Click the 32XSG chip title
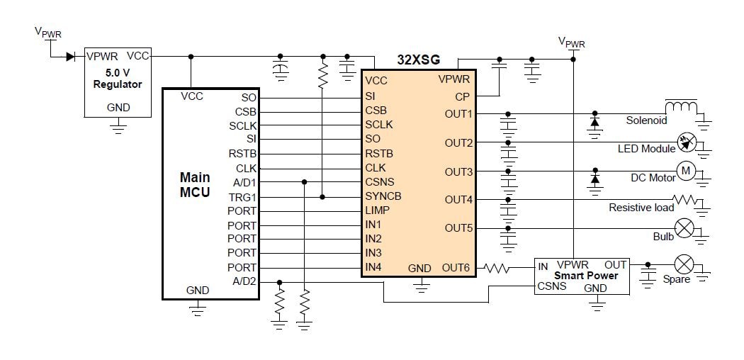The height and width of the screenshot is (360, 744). coord(418,61)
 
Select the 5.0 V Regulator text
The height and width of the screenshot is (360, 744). coord(118,78)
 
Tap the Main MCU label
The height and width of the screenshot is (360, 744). coord(195,184)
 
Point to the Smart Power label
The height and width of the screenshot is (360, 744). coord(586,276)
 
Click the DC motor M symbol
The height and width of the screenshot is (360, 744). coord(686,170)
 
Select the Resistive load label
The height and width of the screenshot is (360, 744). coord(641,208)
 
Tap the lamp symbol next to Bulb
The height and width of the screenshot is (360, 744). coord(685,228)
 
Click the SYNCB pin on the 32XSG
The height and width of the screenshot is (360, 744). coord(383,196)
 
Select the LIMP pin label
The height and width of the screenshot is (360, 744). coord(378,210)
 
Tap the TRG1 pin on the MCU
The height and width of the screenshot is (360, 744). coord(244,196)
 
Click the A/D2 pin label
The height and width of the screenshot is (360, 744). coord(244,281)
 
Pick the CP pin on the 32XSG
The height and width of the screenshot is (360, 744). coord(462,96)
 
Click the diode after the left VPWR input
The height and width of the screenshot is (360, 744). coord(71,57)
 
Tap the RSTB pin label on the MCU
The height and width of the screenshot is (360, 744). coord(243,154)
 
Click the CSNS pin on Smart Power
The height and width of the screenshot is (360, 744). coord(551,286)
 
